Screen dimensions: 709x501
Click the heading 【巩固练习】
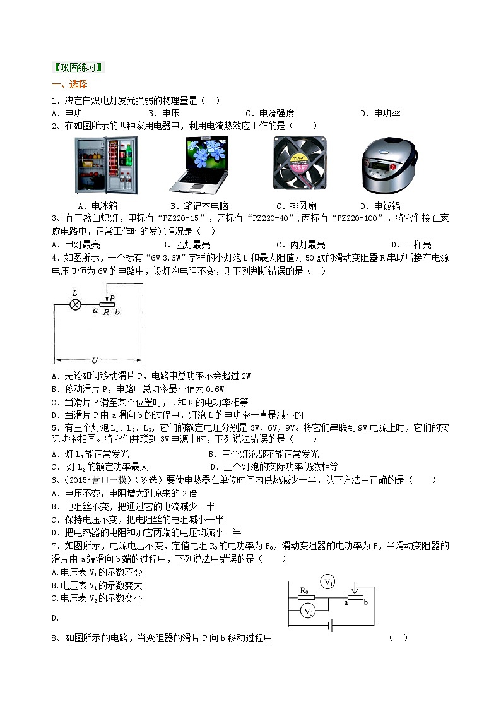[x=78, y=68]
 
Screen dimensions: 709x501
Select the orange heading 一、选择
[x=69, y=85]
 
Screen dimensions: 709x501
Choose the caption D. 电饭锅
[x=380, y=206]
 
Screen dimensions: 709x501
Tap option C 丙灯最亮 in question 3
[x=300, y=245]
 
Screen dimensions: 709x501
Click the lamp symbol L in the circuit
[x=75, y=304]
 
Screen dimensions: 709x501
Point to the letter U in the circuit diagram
[x=94, y=360]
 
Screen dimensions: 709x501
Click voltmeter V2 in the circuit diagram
[x=307, y=611]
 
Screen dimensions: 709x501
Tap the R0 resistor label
[x=305, y=592]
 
